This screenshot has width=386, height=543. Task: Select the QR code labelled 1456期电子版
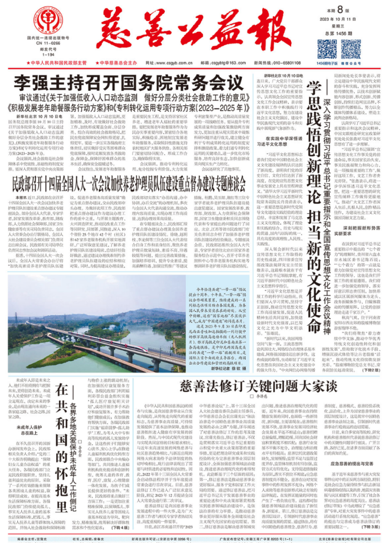326,48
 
